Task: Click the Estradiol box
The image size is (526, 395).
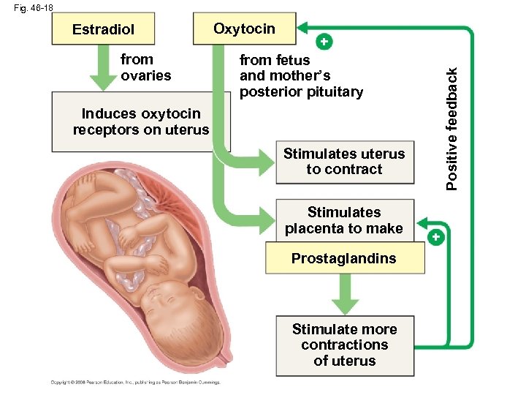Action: tap(103, 30)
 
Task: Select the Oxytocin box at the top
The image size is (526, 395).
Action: tap(244, 29)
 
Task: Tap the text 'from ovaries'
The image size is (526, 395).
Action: tap(145, 67)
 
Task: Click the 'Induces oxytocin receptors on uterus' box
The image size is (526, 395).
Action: tap(140, 121)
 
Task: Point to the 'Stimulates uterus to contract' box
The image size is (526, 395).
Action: tap(344, 162)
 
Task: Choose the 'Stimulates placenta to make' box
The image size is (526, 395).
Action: tap(344, 220)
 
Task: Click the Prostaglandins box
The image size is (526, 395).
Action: tap(344, 258)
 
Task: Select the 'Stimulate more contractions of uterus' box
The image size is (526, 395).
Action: tap(344, 345)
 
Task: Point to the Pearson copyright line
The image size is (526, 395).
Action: tap(135, 382)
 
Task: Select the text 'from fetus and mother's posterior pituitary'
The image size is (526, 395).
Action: tap(300, 75)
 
